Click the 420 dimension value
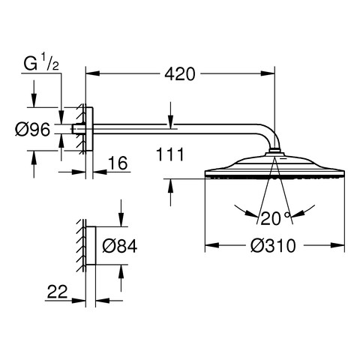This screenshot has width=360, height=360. click(x=179, y=73)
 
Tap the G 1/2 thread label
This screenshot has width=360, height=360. click(x=41, y=63)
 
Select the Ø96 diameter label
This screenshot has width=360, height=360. click(x=33, y=129)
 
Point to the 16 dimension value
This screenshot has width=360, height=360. click(x=118, y=163)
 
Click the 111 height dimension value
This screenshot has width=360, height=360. click(x=170, y=154)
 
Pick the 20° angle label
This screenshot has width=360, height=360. click(x=275, y=218)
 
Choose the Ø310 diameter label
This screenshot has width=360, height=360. click(x=273, y=245)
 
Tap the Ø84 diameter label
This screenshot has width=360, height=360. click(x=120, y=246)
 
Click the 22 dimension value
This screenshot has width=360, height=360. click(x=58, y=291)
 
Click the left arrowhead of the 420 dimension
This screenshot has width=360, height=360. click(x=93, y=73)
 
